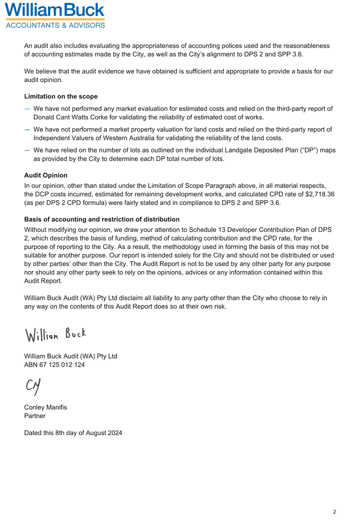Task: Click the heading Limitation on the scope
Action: point(61,97)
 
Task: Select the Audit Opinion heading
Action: point(45,175)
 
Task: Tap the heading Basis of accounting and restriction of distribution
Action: point(102,219)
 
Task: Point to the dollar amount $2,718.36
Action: point(315,194)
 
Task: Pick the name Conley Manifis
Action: point(46,408)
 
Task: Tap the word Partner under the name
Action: point(35,416)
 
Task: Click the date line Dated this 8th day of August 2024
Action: point(73,433)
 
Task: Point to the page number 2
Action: point(334,511)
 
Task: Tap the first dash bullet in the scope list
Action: point(27,108)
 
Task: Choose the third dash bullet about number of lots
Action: point(27,150)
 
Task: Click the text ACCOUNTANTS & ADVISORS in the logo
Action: point(55,25)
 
